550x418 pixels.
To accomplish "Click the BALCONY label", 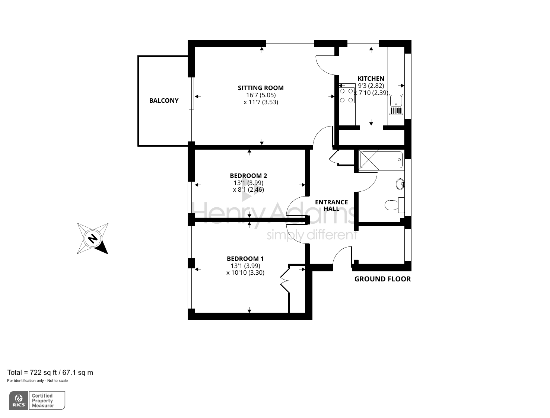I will point(163,100).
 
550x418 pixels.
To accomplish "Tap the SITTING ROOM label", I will point(261,88).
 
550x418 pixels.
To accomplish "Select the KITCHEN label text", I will point(371,79).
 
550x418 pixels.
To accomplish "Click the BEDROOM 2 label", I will point(248,176).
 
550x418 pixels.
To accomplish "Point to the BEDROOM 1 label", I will point(245,259).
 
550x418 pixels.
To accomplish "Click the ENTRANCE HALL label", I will point(331,205).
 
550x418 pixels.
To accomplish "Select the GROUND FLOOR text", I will point(382,279).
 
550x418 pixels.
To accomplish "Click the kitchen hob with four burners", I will point(346,95).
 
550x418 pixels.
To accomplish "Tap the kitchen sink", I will point(396,104).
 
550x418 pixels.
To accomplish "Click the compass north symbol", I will point(92,238).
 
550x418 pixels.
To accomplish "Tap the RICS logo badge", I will point(19,401).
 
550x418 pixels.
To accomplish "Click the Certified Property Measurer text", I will point(42,401).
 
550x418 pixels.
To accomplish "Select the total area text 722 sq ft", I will point(50,372).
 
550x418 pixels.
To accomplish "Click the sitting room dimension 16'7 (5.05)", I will point(261,95).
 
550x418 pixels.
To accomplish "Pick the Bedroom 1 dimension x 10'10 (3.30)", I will point(245,272).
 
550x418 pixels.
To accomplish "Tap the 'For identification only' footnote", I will point(37,380).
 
